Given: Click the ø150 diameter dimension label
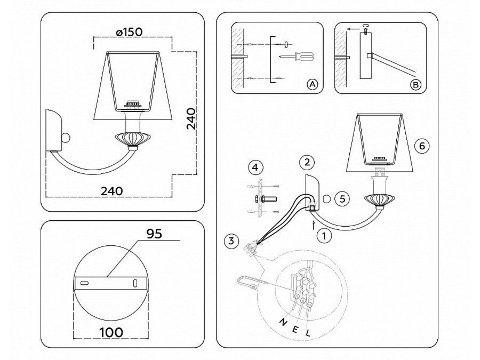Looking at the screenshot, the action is coord(130,32).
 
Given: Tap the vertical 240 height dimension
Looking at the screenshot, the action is coord(191,119).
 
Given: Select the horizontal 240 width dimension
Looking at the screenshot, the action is coord(112,191).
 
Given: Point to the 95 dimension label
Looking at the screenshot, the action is coord(154,234).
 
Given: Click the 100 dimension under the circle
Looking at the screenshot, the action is coord(111,332).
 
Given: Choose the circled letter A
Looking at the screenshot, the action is coord(312,84).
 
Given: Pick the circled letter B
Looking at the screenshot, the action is coord(415,84).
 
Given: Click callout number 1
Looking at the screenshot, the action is coord(324,236).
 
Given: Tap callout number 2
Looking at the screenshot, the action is coord(307,162).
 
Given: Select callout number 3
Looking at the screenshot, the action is coord(231,241).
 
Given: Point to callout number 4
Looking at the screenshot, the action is coord(255,167).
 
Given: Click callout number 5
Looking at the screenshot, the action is coord(342,199).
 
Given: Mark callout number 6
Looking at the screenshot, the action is coord(422,146).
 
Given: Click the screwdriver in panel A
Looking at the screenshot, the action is coord(297,56).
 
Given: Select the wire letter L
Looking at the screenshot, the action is coord(308,332).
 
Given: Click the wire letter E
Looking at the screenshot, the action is coord(295,329).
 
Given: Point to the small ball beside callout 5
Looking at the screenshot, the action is coord(327,199).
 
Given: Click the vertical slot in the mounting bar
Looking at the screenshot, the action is coord(135,283).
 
